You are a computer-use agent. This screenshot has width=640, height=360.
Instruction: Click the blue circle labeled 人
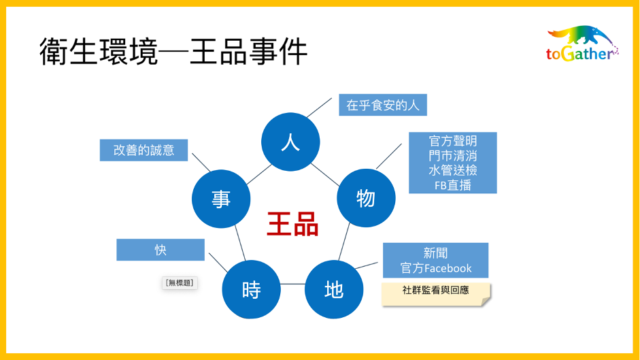point(290,142)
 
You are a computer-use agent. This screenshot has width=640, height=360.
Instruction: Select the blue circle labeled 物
point(366,198)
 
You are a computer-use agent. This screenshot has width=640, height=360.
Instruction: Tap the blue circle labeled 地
point(334,289)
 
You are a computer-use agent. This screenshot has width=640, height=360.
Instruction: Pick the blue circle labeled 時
point(251,289)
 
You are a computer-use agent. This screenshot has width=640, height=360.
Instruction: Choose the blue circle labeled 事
point(221,199)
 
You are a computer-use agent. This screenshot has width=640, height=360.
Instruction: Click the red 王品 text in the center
point(292,224)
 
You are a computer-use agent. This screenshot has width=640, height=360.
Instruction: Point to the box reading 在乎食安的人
point(383,105)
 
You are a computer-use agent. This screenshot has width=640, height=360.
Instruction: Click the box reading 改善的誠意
point(144,150)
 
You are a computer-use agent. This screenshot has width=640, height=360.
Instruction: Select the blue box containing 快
point(161,250)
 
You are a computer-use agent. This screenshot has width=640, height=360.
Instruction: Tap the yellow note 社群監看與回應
point(436,294)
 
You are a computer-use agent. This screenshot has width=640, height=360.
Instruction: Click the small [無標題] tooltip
point(180,283)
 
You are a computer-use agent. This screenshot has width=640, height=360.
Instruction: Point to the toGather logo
point(582,44)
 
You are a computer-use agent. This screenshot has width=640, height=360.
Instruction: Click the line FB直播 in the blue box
point(453,186)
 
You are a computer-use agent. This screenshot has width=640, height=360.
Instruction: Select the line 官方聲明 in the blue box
point(453,141)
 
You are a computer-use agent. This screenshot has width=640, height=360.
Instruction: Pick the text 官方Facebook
point(436,268)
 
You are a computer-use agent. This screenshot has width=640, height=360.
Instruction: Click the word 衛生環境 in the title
point(99,52)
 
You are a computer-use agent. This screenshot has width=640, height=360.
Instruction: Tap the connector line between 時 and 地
point(292,284)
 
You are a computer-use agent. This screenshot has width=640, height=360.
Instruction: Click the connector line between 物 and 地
point(344,242)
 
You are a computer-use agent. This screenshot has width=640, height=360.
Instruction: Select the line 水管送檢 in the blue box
point(453,170)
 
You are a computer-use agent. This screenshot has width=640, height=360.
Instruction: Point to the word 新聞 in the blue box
point(435,253)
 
